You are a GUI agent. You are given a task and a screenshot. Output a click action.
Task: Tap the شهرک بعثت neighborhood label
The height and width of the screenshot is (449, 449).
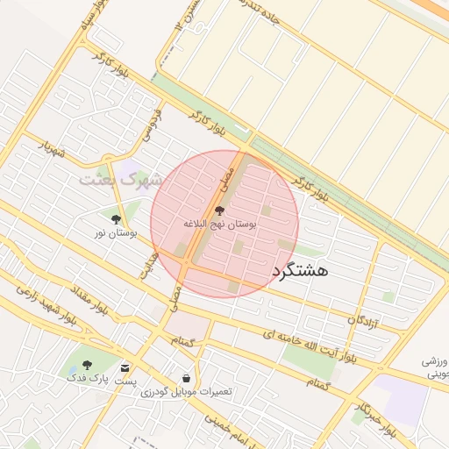tap(122, 180)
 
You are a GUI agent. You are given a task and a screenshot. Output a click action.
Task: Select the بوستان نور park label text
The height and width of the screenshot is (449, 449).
tap(117, 234)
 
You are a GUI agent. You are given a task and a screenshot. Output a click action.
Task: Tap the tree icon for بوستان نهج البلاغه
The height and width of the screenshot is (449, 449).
tap(219, 210)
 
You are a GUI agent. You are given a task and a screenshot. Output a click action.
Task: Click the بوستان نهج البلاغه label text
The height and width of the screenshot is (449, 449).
tap(219, 225)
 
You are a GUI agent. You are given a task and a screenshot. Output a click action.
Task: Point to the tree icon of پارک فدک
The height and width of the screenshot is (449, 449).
tap(86, 364)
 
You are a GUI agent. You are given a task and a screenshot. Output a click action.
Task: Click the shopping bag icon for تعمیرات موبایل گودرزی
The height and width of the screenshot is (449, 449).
tap(186, 377)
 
